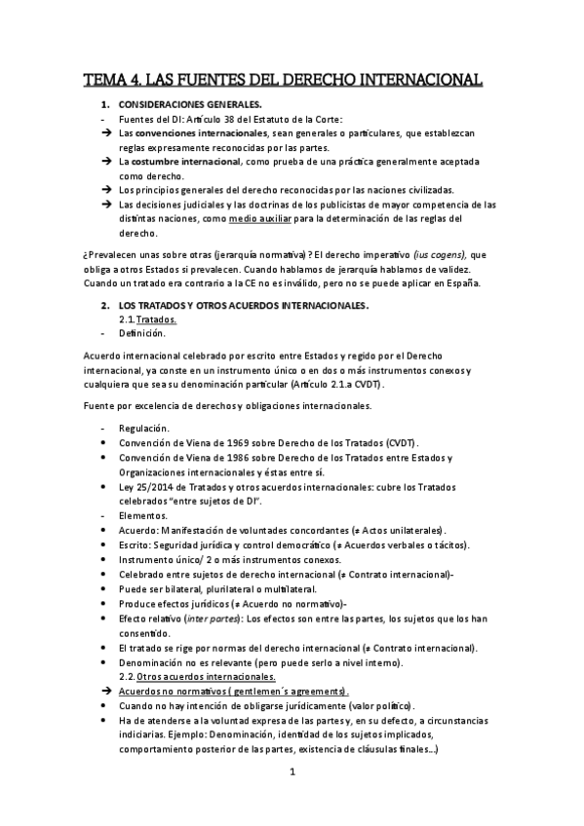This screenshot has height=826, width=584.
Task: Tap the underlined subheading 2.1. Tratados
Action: (156, 319)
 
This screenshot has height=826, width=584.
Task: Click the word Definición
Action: (142, 333)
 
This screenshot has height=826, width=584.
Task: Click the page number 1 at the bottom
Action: (292, 773)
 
